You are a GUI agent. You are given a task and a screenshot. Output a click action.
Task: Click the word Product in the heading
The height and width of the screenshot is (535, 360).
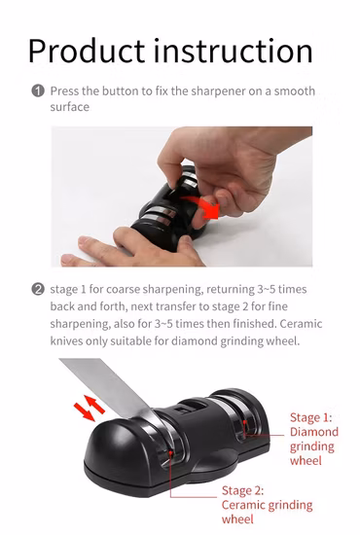[x=87, y=52]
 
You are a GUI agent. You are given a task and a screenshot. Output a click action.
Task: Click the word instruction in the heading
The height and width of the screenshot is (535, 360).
[x=234, y=51]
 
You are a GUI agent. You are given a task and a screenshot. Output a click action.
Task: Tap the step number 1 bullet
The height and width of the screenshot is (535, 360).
[x=38, y=91]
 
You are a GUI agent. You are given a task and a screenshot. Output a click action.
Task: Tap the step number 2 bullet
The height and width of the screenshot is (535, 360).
[x=38, y=289]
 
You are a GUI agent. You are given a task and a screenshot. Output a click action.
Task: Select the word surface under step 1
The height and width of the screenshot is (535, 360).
[x=70, y=107]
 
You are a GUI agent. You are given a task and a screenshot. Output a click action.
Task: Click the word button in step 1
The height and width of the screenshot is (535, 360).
[x=121, y=91]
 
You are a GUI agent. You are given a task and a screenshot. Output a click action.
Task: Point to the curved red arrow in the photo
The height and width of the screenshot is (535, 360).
[x=202, y=207]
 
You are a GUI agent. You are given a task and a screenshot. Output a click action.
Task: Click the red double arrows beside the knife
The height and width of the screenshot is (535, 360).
[x=90, y=408]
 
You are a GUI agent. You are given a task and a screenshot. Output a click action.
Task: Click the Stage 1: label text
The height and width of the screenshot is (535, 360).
[x=310, y=417]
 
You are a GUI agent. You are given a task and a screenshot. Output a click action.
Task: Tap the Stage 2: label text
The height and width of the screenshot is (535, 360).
[x=242, y=490]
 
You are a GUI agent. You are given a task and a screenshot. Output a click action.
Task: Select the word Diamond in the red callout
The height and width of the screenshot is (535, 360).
[x=314, y=432]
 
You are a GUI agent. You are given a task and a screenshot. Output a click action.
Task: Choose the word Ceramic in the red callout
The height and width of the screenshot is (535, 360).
[x=243, y=505]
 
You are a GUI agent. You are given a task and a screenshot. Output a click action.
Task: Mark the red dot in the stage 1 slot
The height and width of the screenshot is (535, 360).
[x=244, y=422]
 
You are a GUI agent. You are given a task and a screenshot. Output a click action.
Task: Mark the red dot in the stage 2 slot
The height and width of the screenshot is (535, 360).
[x=170, y=452]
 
